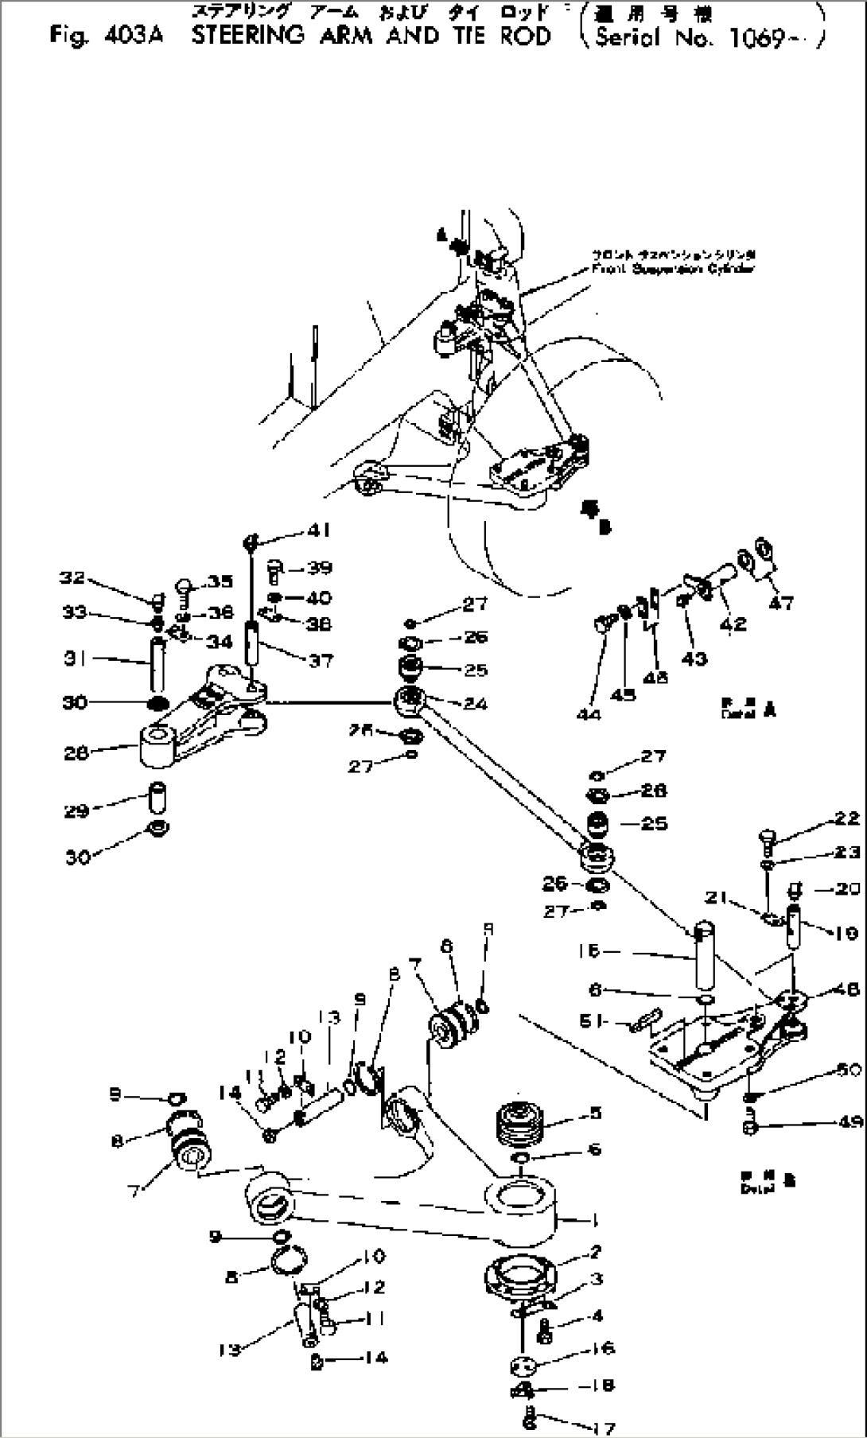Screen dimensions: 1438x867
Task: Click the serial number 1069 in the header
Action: (x=756, y=38)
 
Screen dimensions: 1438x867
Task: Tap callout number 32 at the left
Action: (x=72, y=577)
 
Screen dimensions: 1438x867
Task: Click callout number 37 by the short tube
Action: (x=321, y=659)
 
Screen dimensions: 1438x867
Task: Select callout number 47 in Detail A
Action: (x=781, y=603)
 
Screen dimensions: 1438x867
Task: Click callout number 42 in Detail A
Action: (x=733, y=623)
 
